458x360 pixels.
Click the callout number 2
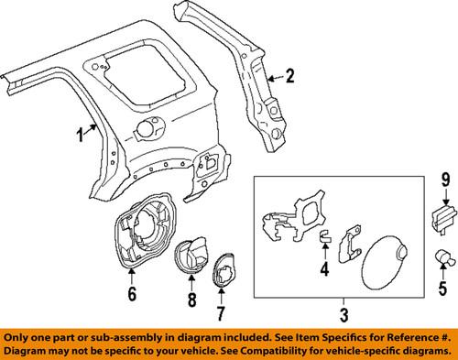pyautogui.click(x=289, y=76)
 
